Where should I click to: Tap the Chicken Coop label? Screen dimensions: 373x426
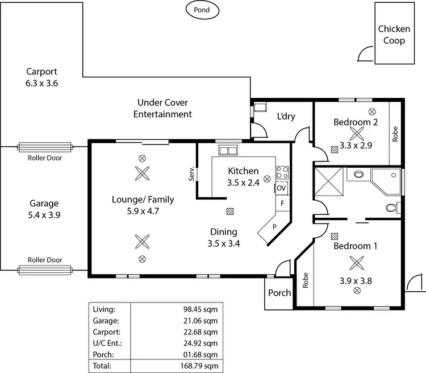click(391, 35)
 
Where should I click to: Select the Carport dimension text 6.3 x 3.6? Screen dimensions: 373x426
click(42, 83)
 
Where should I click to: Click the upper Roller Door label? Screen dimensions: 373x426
click(45, 158)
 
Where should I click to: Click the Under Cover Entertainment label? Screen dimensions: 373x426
click(162, 109)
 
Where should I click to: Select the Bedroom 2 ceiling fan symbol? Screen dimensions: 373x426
click(356, 134)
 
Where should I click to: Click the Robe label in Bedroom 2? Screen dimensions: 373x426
click(395, 133)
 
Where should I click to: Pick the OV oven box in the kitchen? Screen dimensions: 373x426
click(281, 188)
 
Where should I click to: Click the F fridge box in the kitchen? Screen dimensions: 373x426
click(281, 203)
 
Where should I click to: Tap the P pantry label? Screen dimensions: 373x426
click(273, 226)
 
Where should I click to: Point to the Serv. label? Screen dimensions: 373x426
click(192, 173)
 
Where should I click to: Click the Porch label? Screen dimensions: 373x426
click(279, 293)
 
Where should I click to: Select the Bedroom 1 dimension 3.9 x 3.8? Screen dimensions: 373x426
click(356, 280)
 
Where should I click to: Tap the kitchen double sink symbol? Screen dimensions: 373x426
click(228, 151)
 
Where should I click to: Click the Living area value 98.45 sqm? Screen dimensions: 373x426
click(201, 309)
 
